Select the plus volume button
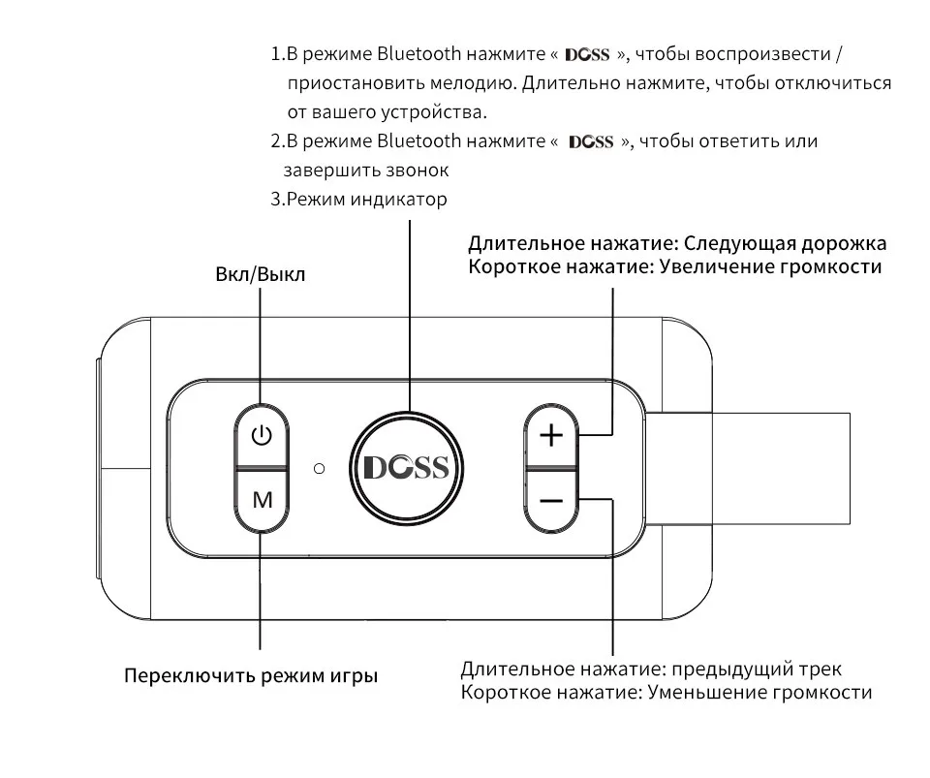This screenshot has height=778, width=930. pos(550,435)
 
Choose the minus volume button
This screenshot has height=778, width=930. pos(550,500)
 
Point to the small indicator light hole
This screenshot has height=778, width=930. pos(319,468)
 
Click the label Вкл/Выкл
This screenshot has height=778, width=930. pos(260,274)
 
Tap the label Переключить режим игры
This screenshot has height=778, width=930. pos(251,675)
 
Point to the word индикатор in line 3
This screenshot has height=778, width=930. pos(399,200)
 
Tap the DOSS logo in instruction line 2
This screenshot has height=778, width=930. pos(591,142)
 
